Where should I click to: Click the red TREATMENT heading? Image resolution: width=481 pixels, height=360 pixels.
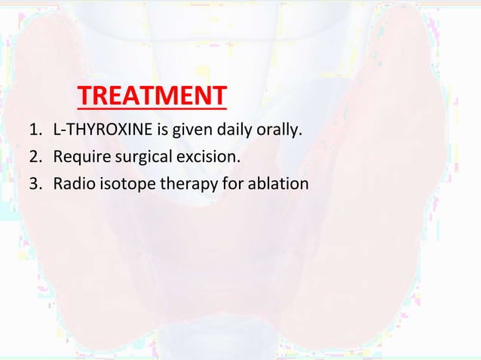point(152,96)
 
